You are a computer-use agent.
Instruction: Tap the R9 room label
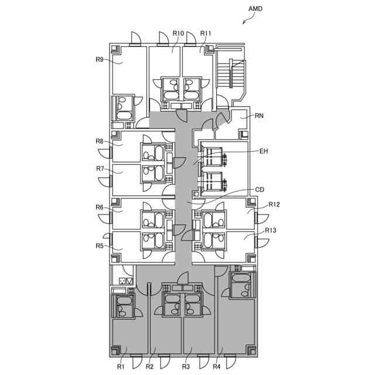click(x=100, y=59)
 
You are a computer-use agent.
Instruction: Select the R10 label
click(x=179, y=33)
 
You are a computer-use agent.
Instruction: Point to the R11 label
click(x=206, y=33)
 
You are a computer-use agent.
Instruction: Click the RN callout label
click(x=260, y=116)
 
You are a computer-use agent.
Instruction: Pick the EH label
click(x=264, y=151)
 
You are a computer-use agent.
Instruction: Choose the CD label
click(x=260, y=190)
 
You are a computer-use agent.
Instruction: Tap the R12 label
click(x=274, y=204)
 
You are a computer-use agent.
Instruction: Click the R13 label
click(x=271, y=230)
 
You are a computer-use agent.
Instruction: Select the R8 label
click(x=100, y=141)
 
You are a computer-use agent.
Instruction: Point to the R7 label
click(x=100, y=169)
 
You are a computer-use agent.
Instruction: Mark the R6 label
click(x=100, y=207)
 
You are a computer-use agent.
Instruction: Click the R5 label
click(x=100, y=246)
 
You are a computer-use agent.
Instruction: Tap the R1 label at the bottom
click(x=121, y=367)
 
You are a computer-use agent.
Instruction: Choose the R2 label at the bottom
click(x=149, y=367)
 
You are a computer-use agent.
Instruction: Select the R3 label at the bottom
click(x=186, y=367)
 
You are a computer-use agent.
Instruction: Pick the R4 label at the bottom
click(x=216, y=367)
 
